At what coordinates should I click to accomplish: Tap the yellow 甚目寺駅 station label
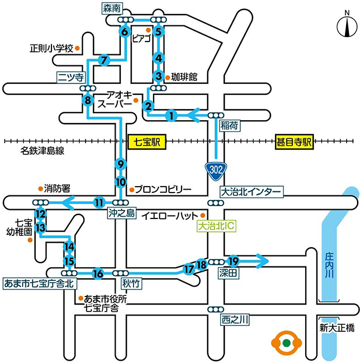pos(294,140)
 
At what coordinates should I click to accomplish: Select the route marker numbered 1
pos(171,116)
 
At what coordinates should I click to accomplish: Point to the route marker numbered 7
pos(104,60)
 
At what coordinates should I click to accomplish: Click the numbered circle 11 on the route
pos(99,202)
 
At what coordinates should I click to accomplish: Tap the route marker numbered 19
pos(233,261)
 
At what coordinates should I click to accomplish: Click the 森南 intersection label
pos(111,8)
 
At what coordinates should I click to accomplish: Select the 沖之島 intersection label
pos(121,213)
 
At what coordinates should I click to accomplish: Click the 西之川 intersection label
pos(235,318)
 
